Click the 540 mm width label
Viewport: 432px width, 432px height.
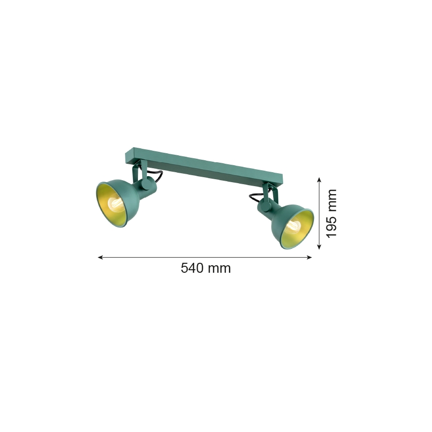206,268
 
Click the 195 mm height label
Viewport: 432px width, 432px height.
331,213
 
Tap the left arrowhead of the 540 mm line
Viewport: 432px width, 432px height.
100,257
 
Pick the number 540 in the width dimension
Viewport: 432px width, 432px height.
192,268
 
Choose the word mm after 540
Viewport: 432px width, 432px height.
219,268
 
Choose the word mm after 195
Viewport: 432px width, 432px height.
331,200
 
